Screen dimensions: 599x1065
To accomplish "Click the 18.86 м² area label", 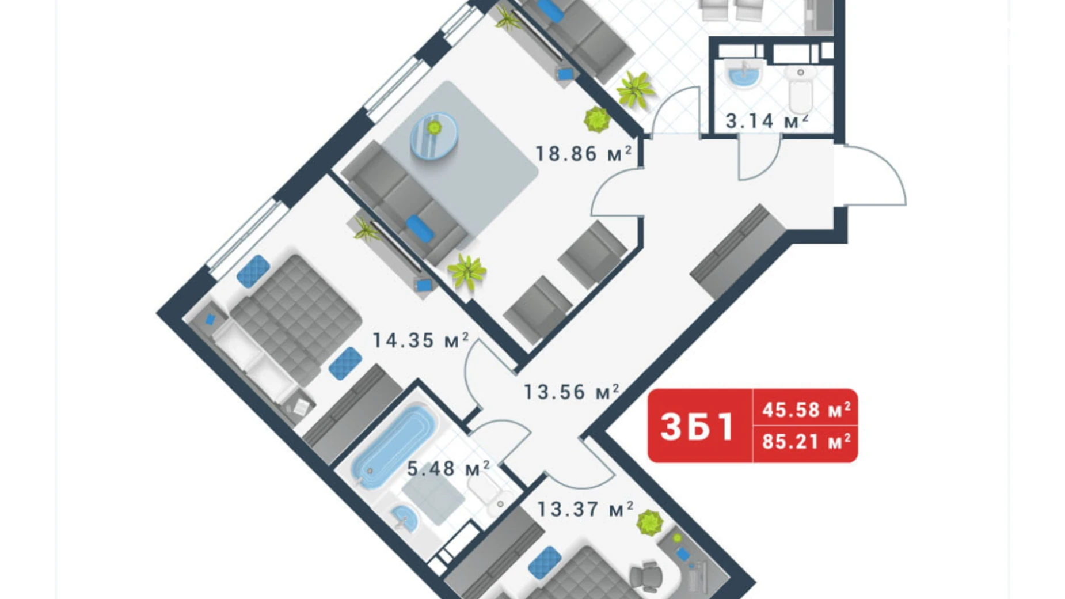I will tap(583, 154).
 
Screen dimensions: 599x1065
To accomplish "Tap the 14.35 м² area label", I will tap(420, 340).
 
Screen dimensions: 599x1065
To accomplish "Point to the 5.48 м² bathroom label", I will tap(448, 469).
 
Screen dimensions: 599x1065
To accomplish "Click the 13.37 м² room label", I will tap(585, 509).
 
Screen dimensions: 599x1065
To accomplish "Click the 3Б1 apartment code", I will tap(698, 427).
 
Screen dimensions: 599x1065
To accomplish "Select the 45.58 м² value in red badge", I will tap(806, 410).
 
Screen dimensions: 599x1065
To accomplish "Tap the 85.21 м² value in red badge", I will tap(806, 442).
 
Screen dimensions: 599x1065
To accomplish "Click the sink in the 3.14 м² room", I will tap(744, 74).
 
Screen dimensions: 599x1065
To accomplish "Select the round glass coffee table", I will tap(433, 135).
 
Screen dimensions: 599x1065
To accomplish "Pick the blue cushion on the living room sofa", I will tap(420, 228).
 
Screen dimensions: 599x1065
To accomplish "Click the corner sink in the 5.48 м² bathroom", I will tap(405, 518).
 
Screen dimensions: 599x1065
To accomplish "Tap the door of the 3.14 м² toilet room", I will tap(759, 159).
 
